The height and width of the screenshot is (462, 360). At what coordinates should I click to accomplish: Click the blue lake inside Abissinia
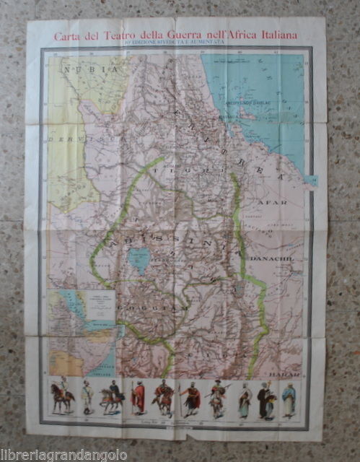(139, 261)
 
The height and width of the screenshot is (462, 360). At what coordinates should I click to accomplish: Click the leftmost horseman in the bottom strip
(62, 398)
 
